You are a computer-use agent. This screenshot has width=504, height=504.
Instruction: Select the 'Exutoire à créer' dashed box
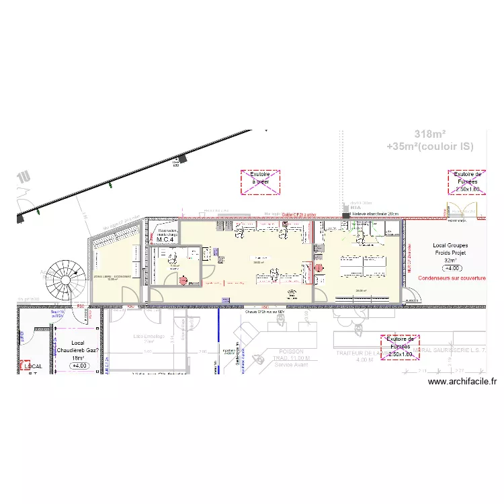[x=260, y=182]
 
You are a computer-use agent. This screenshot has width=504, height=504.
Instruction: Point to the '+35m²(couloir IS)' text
[x=431, y=146]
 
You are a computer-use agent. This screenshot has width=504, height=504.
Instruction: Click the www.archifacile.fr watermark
[x=462, y=382]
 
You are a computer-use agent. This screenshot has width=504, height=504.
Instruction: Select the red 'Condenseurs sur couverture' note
[x=451, y=277]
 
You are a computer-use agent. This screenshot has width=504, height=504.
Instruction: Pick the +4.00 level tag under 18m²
[x=79, y=366]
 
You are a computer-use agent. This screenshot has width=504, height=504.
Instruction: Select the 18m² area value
[x=79, y=358]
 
